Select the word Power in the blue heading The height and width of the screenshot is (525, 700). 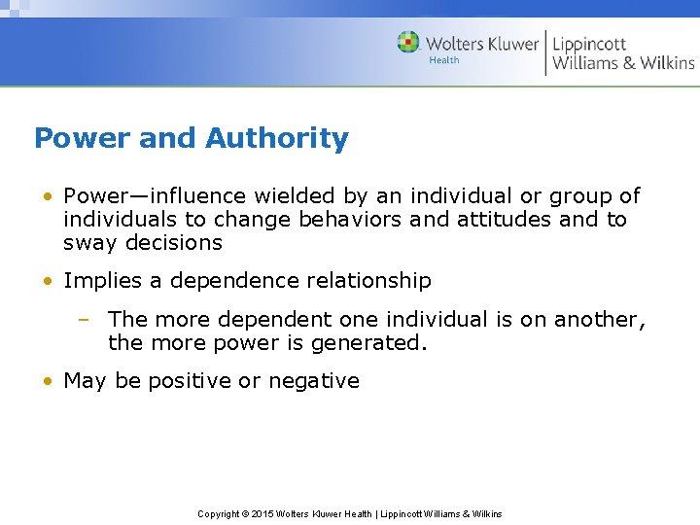pyautogui.click(x=82, y=139)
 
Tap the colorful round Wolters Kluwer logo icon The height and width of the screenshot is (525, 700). pyautogui.click(x=408, y=43)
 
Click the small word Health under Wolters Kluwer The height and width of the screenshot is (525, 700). pyautogui.click(x=444, y=60)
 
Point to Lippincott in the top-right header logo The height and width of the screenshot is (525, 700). pyautogui.click(x=589, y=43)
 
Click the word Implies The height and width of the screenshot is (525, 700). pyautogui.click(x=103, y=281)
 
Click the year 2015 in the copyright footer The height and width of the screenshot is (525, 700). pyautogui.click(x=263, y=514)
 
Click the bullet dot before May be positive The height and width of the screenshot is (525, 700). pyautogui.click(x=48, y=381)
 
